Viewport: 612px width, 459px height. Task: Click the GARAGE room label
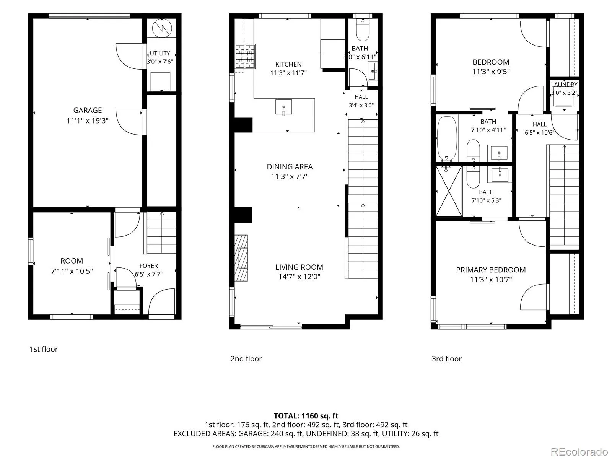87,111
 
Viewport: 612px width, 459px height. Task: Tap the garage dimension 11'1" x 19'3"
87,120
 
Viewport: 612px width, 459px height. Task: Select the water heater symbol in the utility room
162,28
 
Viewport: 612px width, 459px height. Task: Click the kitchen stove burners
245,56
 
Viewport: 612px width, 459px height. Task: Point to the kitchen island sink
283,107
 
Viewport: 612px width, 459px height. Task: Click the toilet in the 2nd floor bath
363,30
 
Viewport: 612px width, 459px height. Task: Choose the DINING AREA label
290,167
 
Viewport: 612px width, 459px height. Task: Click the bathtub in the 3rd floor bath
447,139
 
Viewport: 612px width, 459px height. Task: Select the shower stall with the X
449,191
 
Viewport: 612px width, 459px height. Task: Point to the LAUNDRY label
564,85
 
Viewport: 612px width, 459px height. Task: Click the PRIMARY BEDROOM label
491,270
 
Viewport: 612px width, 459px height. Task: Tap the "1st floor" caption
44,349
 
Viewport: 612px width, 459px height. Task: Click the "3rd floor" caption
447,359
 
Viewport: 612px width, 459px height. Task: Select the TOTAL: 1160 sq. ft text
306,416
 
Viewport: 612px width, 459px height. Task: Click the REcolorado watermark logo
579,451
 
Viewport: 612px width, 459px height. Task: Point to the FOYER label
149,266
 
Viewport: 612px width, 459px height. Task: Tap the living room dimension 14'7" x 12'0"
299,277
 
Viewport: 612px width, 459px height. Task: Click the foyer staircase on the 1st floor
161,233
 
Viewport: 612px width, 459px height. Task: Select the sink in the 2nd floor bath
373,72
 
